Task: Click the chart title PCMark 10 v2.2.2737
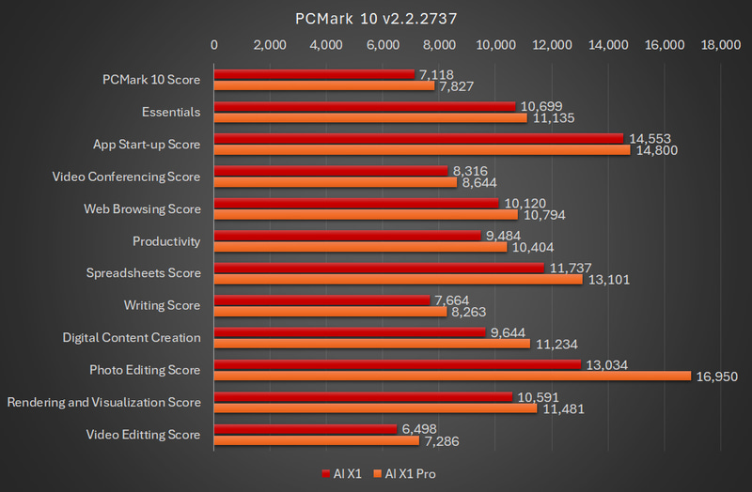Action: coord(376,18)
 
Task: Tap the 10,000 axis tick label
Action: coord(496,44)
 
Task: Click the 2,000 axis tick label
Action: coord(271,44)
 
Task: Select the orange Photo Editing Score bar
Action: coord(452,376)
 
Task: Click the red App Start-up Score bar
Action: coord(419,138)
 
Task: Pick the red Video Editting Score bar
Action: coord(305,429)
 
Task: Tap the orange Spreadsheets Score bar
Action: coord(399,279)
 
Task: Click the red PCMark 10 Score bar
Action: coord(314,73)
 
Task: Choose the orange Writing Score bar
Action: coord(330,312)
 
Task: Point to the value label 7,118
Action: coord(436,73)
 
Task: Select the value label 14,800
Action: coord(655,150)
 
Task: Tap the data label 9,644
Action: coord(508,332)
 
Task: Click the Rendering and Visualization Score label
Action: coord(103,402)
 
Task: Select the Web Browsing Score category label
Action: coord(142,208)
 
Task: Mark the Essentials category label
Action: coord(171,112)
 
